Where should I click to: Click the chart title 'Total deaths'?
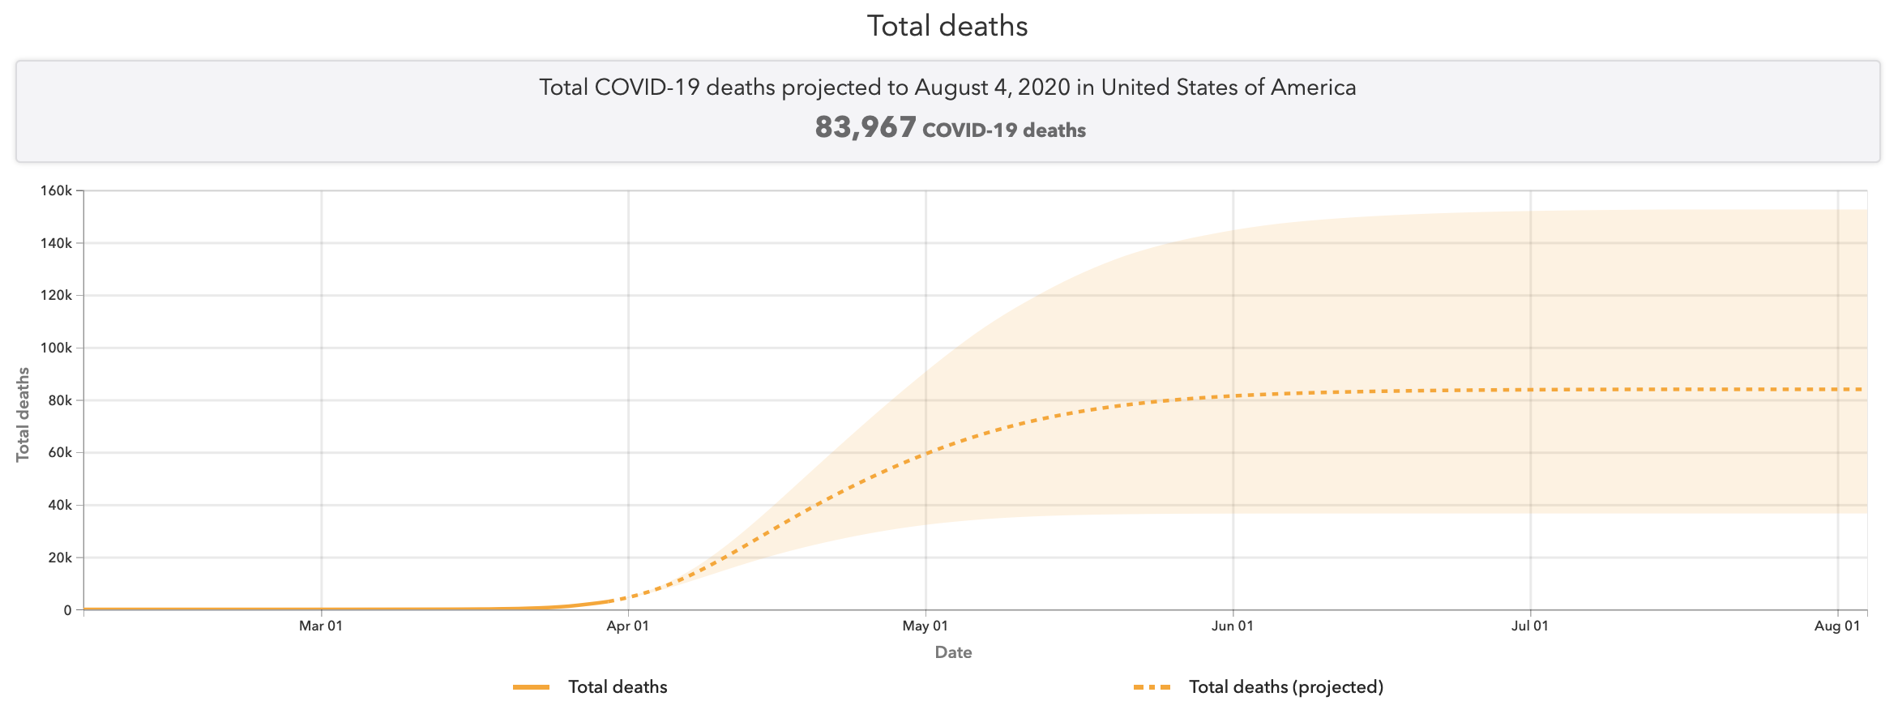[947, 26]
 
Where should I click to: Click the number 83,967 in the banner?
[866, 128]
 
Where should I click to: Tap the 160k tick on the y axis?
[57, 191]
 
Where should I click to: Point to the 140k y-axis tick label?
[57, 243]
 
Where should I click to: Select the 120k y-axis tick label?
[57, 296]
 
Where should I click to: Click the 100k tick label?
[57, 348]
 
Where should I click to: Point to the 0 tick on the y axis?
[68, 610]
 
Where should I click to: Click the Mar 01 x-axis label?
[321, 626]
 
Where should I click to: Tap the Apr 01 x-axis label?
[628, 626]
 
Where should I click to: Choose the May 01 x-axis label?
[925, 626]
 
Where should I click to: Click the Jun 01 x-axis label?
[1233, 626]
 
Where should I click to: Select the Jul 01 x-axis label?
[1530, 626]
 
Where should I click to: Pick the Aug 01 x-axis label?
[1837, 626]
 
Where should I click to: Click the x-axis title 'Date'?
[953, 652]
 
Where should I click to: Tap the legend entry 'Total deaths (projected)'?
[1285, 687]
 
